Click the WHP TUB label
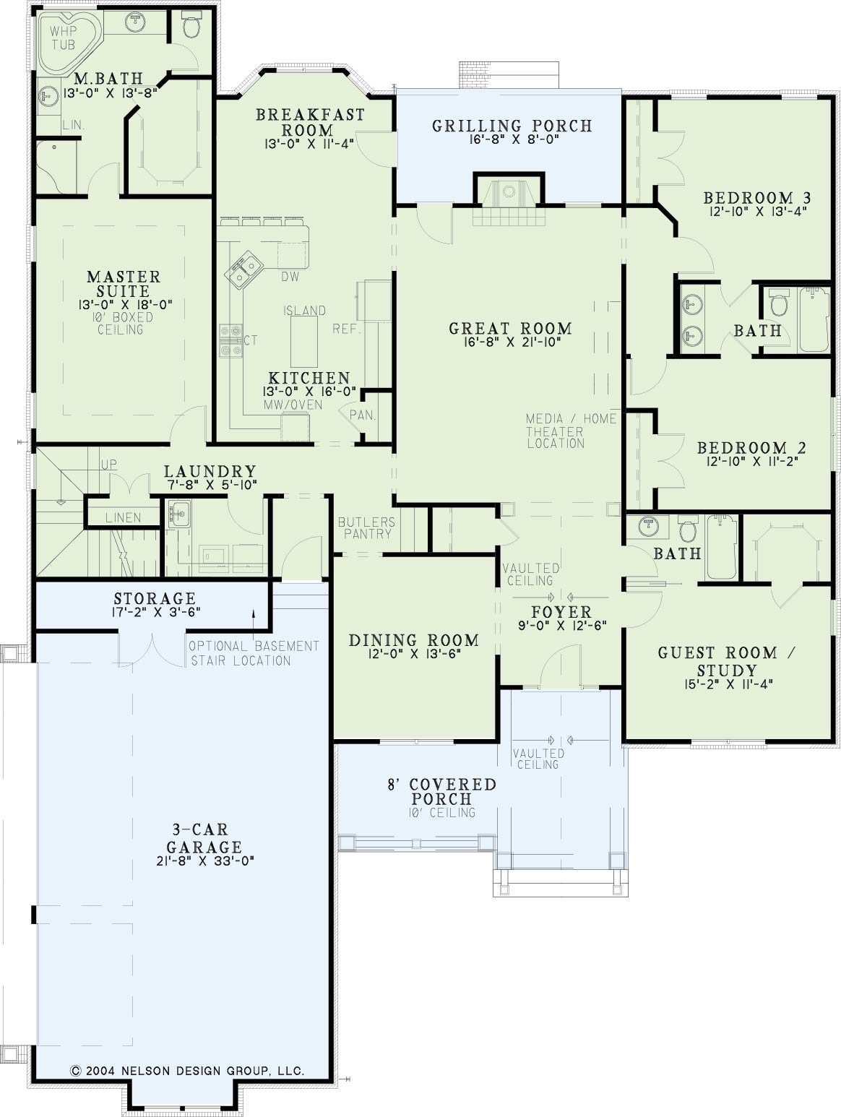click(x=63, y=38)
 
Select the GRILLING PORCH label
click(x=512, y=125)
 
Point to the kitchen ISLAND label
click(x=304, y=310)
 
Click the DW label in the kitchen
click(x=290, y=276)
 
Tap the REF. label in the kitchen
click(x=347, y=329)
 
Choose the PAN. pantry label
click(x=362, y=415)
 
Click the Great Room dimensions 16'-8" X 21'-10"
click(x=512, y=342)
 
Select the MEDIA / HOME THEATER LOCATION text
click(x=571, y=431)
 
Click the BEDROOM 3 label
click(x=757, y=197)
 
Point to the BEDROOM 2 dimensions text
click(x=752, y=462)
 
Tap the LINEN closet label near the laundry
click(x=123, y=517)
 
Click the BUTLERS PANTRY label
click(x=366, y=527)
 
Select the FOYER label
click(x=561, y=612)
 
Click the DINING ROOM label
click(x=413, y=640)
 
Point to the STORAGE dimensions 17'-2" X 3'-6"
click(x=155, y=612)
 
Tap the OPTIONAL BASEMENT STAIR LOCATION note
click(x=254, y=653)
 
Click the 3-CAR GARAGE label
click(x=204, y=839)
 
